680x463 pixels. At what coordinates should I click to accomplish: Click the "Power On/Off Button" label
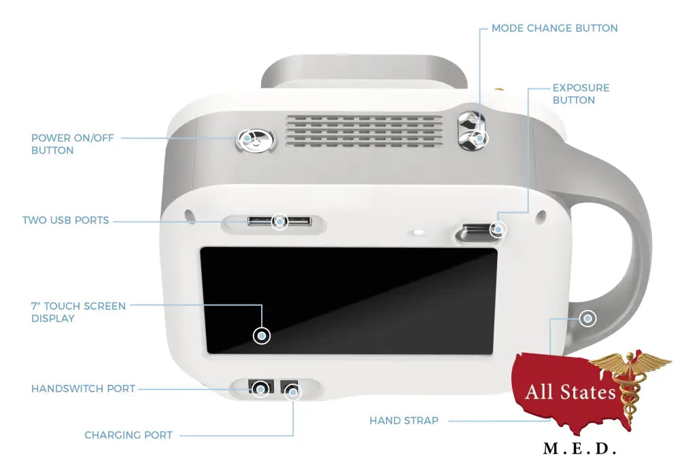click(72, 143)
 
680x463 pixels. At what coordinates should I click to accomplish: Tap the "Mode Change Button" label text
click(554, 29)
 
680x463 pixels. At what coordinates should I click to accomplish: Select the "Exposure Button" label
click(581, 94)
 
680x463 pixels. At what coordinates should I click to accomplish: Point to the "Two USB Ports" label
click(65, 220)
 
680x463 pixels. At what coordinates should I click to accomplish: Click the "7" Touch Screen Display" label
click(78, 312)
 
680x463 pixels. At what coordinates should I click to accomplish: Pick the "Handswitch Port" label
click(83, 389)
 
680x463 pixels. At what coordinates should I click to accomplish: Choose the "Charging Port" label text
click(129, 434)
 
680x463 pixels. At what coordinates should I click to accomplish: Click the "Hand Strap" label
click(404, 421)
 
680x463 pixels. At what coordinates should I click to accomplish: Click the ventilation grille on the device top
click(364, 128)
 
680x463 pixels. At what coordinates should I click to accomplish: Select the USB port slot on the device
click(279, 222)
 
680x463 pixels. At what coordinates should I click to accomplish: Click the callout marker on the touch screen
click(261, 335)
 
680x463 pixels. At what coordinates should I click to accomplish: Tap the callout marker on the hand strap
click(588, 318)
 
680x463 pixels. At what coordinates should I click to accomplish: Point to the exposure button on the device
click(478, 231)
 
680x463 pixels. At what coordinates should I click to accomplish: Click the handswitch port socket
click(260, 389)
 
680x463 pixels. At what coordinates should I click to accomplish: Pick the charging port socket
click(292, 390)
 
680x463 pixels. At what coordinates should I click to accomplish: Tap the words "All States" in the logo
click(570, 392)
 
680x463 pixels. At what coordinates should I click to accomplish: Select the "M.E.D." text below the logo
click(579, 449)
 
